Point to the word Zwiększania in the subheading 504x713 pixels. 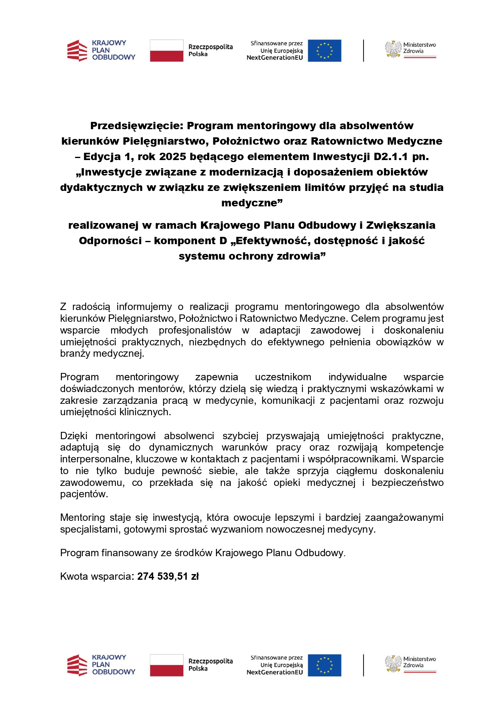point(400,225)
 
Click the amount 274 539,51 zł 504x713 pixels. point(168,576)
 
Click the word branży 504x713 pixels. point(75,353)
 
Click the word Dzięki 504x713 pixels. point(74,436)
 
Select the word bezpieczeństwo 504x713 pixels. point(407,483)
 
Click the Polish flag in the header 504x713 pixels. point(167,50)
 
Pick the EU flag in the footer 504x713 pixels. point(324,665)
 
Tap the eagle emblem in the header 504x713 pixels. point(393,49)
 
